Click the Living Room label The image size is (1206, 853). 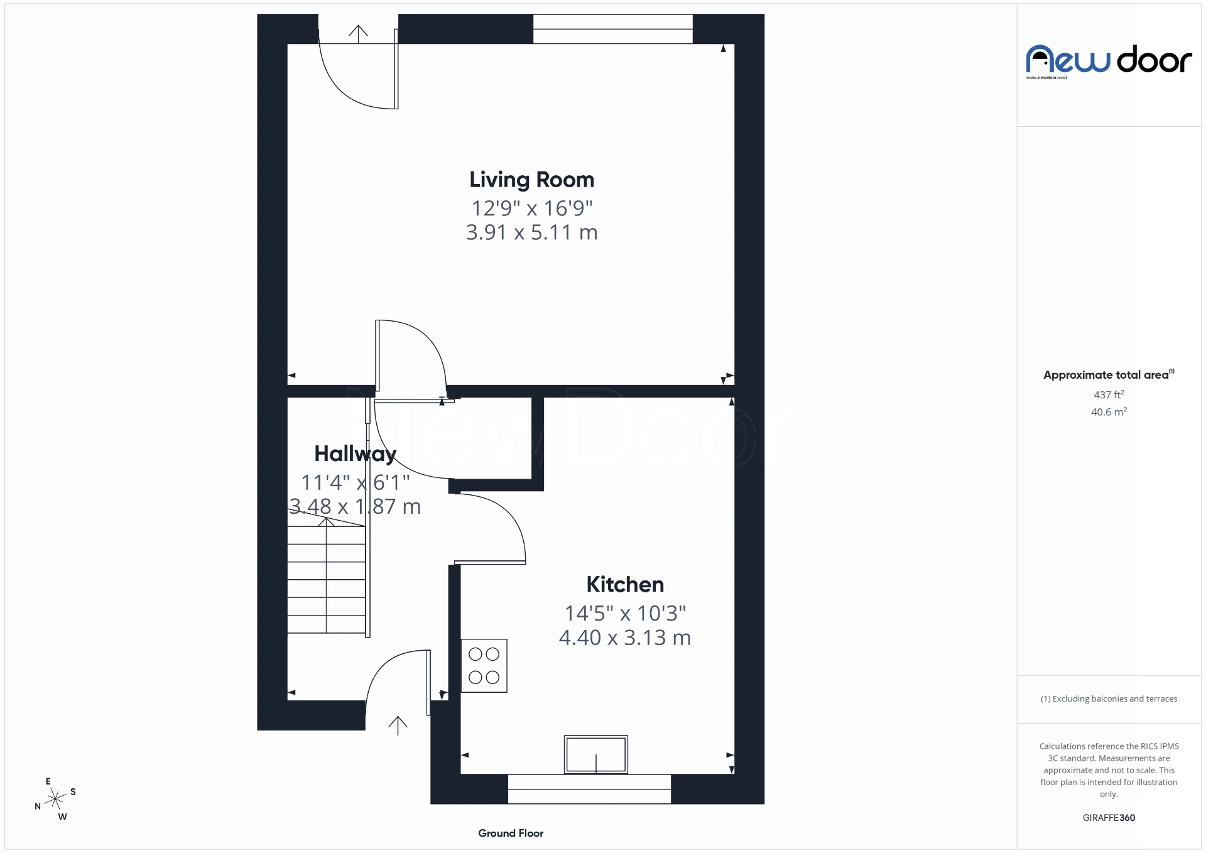click(x=531, y=180)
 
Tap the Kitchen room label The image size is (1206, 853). click(x=625, y=584)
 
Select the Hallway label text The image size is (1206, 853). click(x=355, y=454)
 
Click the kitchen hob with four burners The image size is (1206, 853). click(x=484, y=666)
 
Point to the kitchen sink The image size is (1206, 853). click(x=595, y=754)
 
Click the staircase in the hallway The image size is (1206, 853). click(x=327, y=578)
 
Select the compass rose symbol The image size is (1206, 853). click(x=56, y=799)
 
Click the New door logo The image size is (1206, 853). click(x=1109, y=61)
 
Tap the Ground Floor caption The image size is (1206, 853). click(x=511, y=833)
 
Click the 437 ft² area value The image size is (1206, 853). click(x=1109, y=394)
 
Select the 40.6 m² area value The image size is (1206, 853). click(x=1109, y=412)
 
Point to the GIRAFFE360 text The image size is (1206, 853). click(x=1109, y=817)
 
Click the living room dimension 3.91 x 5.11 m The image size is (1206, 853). click(x=531, y=232)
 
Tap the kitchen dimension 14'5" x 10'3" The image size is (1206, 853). click(x=625, y=613)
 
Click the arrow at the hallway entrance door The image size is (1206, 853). click(x=398, y=725)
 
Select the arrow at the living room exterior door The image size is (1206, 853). click(x=358, y=34)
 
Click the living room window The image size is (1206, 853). click(x=612, y=29)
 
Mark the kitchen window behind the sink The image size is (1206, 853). click(x=589, y=789)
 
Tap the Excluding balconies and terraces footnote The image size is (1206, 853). click(x=1109, y=698)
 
